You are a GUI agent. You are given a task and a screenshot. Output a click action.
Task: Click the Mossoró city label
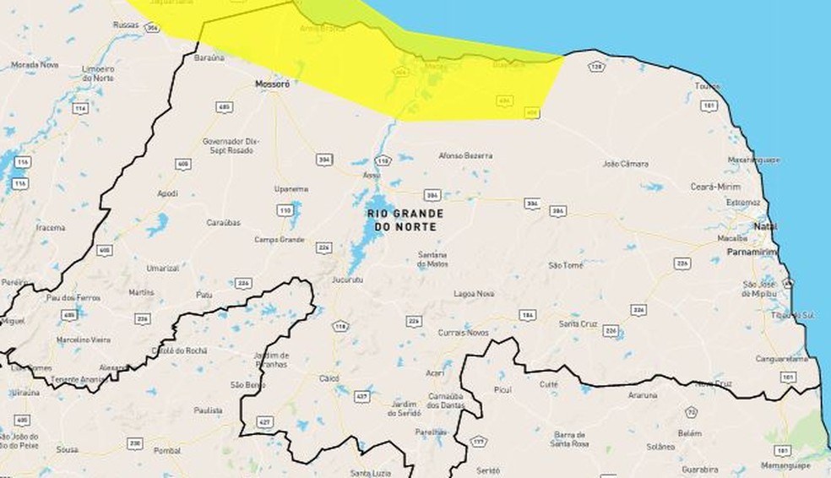pyautogui.click(x=272, y=85)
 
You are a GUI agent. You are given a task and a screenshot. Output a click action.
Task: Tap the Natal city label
pyautogui.click(x=767, y=227)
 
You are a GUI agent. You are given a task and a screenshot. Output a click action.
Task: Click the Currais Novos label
pyautogui.click(x=463, y=332)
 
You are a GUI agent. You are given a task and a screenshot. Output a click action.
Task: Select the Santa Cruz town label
pyautogui.click(x=579, y=323)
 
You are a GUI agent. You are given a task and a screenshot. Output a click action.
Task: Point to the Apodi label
pyautogui.click(x=167, y=193)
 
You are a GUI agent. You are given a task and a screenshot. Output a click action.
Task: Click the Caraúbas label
pyautogui.click(x=224, y=223)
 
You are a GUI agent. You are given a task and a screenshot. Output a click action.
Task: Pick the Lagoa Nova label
pyautogui.click(x=474, y=294)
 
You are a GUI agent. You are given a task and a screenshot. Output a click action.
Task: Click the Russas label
pyautogui.click(x=125, y=25)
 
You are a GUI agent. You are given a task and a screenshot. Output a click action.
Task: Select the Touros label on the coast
pyautogui.click(x=706, y=86)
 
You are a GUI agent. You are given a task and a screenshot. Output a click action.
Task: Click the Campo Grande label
pyautogui.click(x=279, y=240)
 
